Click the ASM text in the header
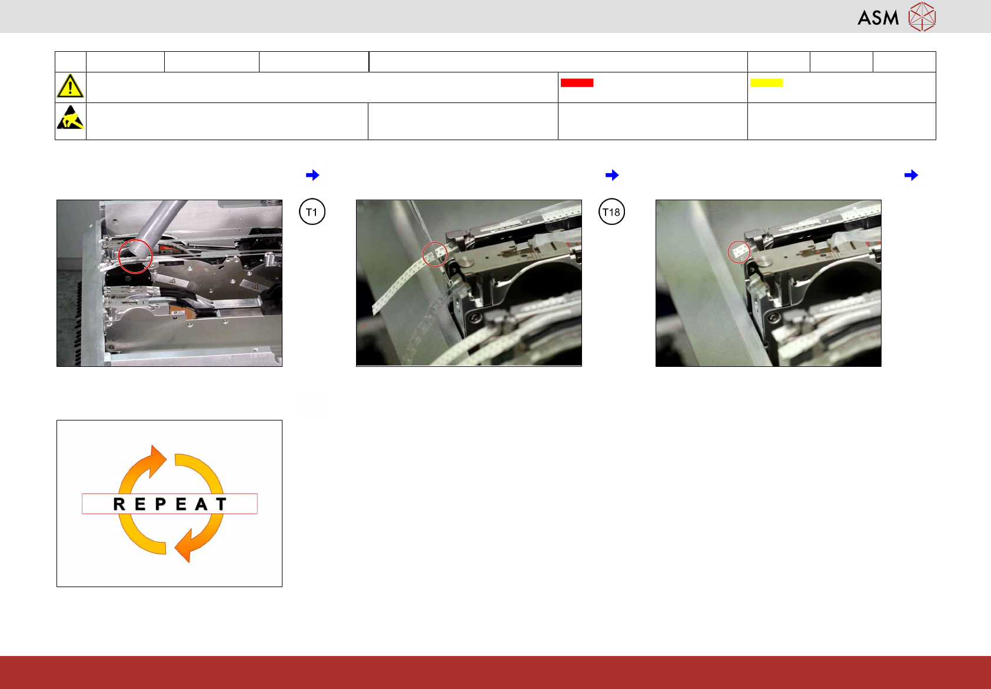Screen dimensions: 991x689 coord(878,18)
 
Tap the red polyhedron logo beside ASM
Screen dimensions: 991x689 coord(922,17)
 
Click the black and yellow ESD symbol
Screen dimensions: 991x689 coord(70,117)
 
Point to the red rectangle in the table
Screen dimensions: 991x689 coord(577,83)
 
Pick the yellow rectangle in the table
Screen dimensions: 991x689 coord(766,83)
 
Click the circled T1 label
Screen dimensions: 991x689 coord(312,211)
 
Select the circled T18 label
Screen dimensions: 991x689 coord(611,211)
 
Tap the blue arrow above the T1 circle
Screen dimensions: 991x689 coord(312,175)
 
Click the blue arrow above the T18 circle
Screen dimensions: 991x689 coord(612,175)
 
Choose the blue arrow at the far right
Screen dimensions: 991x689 coord(911,175)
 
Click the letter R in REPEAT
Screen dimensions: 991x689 coord(119,504)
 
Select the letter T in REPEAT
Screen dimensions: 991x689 coord(221,504)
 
